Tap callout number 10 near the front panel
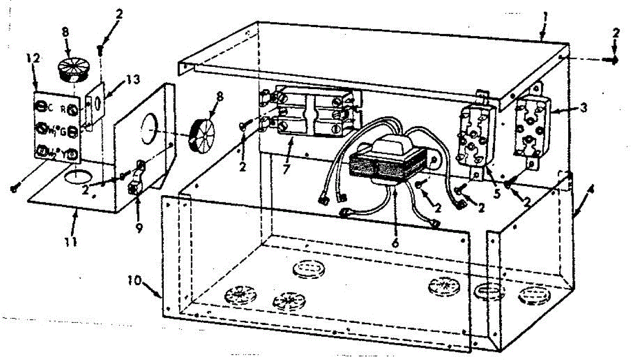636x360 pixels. pos(135,279)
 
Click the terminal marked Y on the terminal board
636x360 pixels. pos(73,155)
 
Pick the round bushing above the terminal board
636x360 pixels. pos(70,70)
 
